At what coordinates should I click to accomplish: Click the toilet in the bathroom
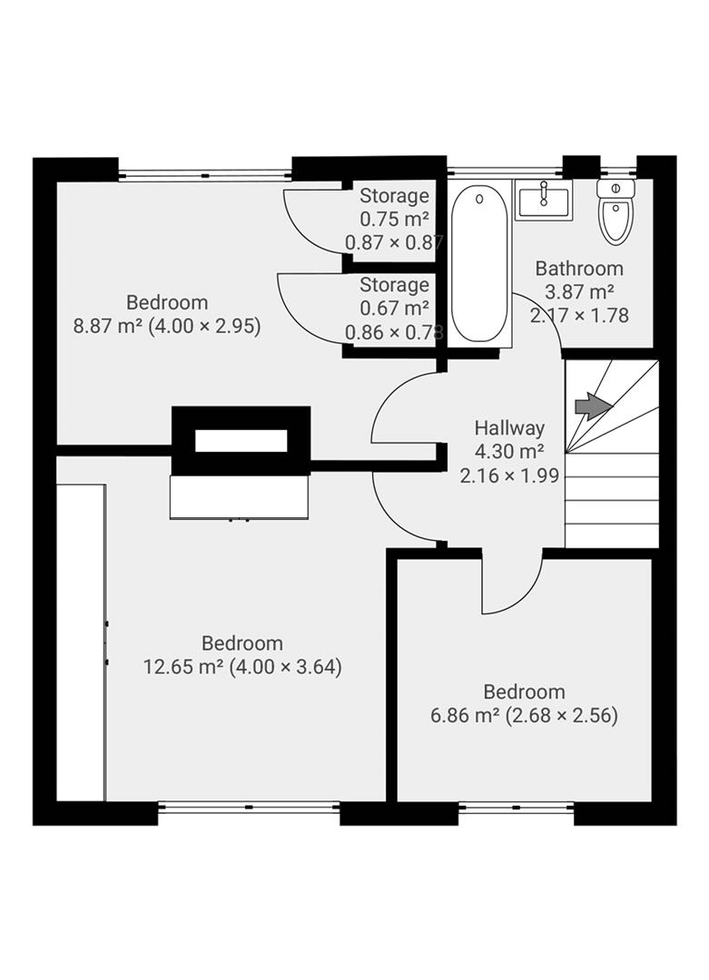pos(615,213)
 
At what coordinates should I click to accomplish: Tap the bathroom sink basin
pos(544,200)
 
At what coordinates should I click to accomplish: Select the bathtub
pos(478,263)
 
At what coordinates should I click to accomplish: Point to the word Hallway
pos(509,428)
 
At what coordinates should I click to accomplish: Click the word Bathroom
pos(579,269)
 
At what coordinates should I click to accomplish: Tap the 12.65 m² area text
pos(184,668)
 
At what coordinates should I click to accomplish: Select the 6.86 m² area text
pos(465,715)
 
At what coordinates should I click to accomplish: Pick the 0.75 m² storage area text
pos(394,219)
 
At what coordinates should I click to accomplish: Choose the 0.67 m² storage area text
pos(394,309)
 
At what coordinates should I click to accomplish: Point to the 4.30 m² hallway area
pos(509,452)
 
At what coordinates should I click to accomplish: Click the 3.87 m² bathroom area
pos(579,292)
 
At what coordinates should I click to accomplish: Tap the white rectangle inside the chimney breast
pos(241,441)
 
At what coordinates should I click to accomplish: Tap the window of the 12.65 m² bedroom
pos(249,805)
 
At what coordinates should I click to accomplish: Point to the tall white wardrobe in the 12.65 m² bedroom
pos(81,642)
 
